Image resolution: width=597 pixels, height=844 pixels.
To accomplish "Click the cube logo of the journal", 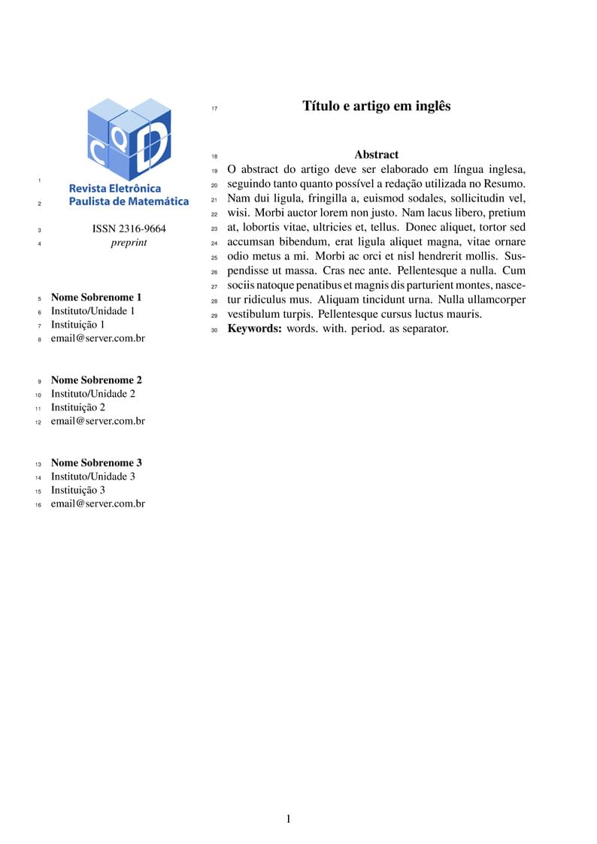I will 129,138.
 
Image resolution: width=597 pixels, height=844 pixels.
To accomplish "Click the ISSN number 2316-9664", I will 129,229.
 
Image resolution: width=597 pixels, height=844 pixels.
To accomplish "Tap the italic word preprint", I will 129,243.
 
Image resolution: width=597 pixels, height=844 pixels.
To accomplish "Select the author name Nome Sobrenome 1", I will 96,298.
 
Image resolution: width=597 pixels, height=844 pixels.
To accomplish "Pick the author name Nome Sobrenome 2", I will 96,380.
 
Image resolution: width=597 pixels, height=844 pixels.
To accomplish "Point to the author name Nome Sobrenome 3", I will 96,463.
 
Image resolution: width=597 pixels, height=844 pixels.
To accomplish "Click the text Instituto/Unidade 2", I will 93,394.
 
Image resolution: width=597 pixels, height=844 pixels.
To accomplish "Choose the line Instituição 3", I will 78,490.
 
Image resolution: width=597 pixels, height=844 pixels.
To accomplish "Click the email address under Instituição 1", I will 98,338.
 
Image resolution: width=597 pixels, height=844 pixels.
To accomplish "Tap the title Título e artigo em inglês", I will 377,106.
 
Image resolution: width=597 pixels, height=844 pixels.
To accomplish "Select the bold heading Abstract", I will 377,155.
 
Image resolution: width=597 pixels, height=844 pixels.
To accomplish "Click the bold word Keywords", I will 254,328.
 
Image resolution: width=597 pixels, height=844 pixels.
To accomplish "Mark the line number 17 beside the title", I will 214,109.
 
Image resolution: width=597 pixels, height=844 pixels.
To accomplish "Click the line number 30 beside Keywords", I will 214,330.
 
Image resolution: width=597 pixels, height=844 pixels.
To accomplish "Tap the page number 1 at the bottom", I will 288,819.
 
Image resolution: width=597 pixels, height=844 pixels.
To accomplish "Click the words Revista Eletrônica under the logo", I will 115,189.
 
